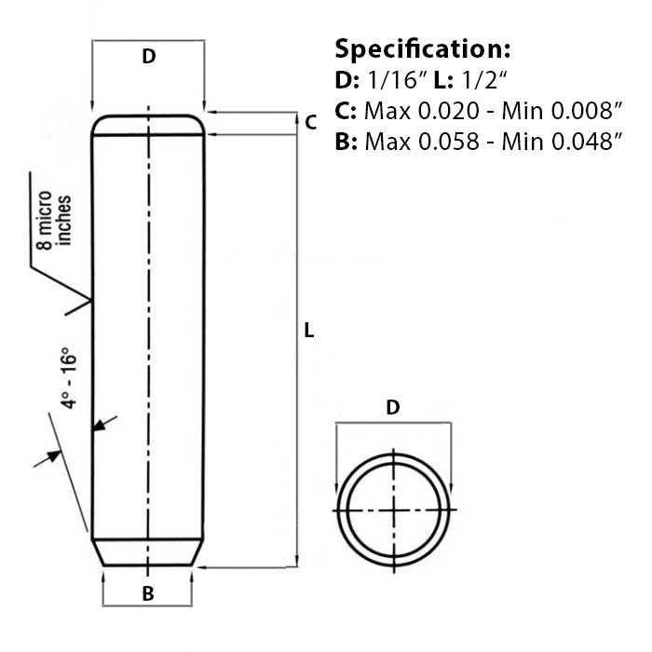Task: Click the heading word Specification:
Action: [x=422, y=48]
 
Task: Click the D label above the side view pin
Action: [x=148, y=57]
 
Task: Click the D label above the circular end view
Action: [x=393, y=407]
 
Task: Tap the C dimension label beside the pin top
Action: [x=311, y=122]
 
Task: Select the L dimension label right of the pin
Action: [x=309, y=331]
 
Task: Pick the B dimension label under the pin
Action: [x=147, y=594]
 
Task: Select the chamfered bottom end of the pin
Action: [x=148, y=552]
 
